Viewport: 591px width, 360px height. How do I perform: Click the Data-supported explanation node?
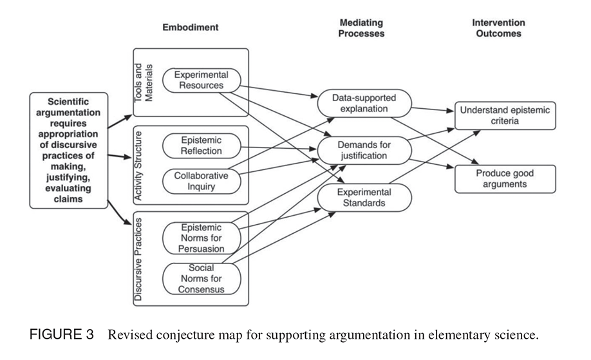pyautogui.click(x=364, y=103)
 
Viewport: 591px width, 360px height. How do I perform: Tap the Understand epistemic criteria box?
pyautogui.click(x=505, y=115)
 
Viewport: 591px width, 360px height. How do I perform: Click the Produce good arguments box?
pyautogui.click(x=505, y=178)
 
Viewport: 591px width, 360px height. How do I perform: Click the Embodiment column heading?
pyautogui.click(x=191, y=27)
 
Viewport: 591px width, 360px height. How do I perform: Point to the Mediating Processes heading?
pyautogui.click(x=361, y=28)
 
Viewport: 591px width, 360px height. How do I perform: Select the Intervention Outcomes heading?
pyautogui.click(x=499, y=28)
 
